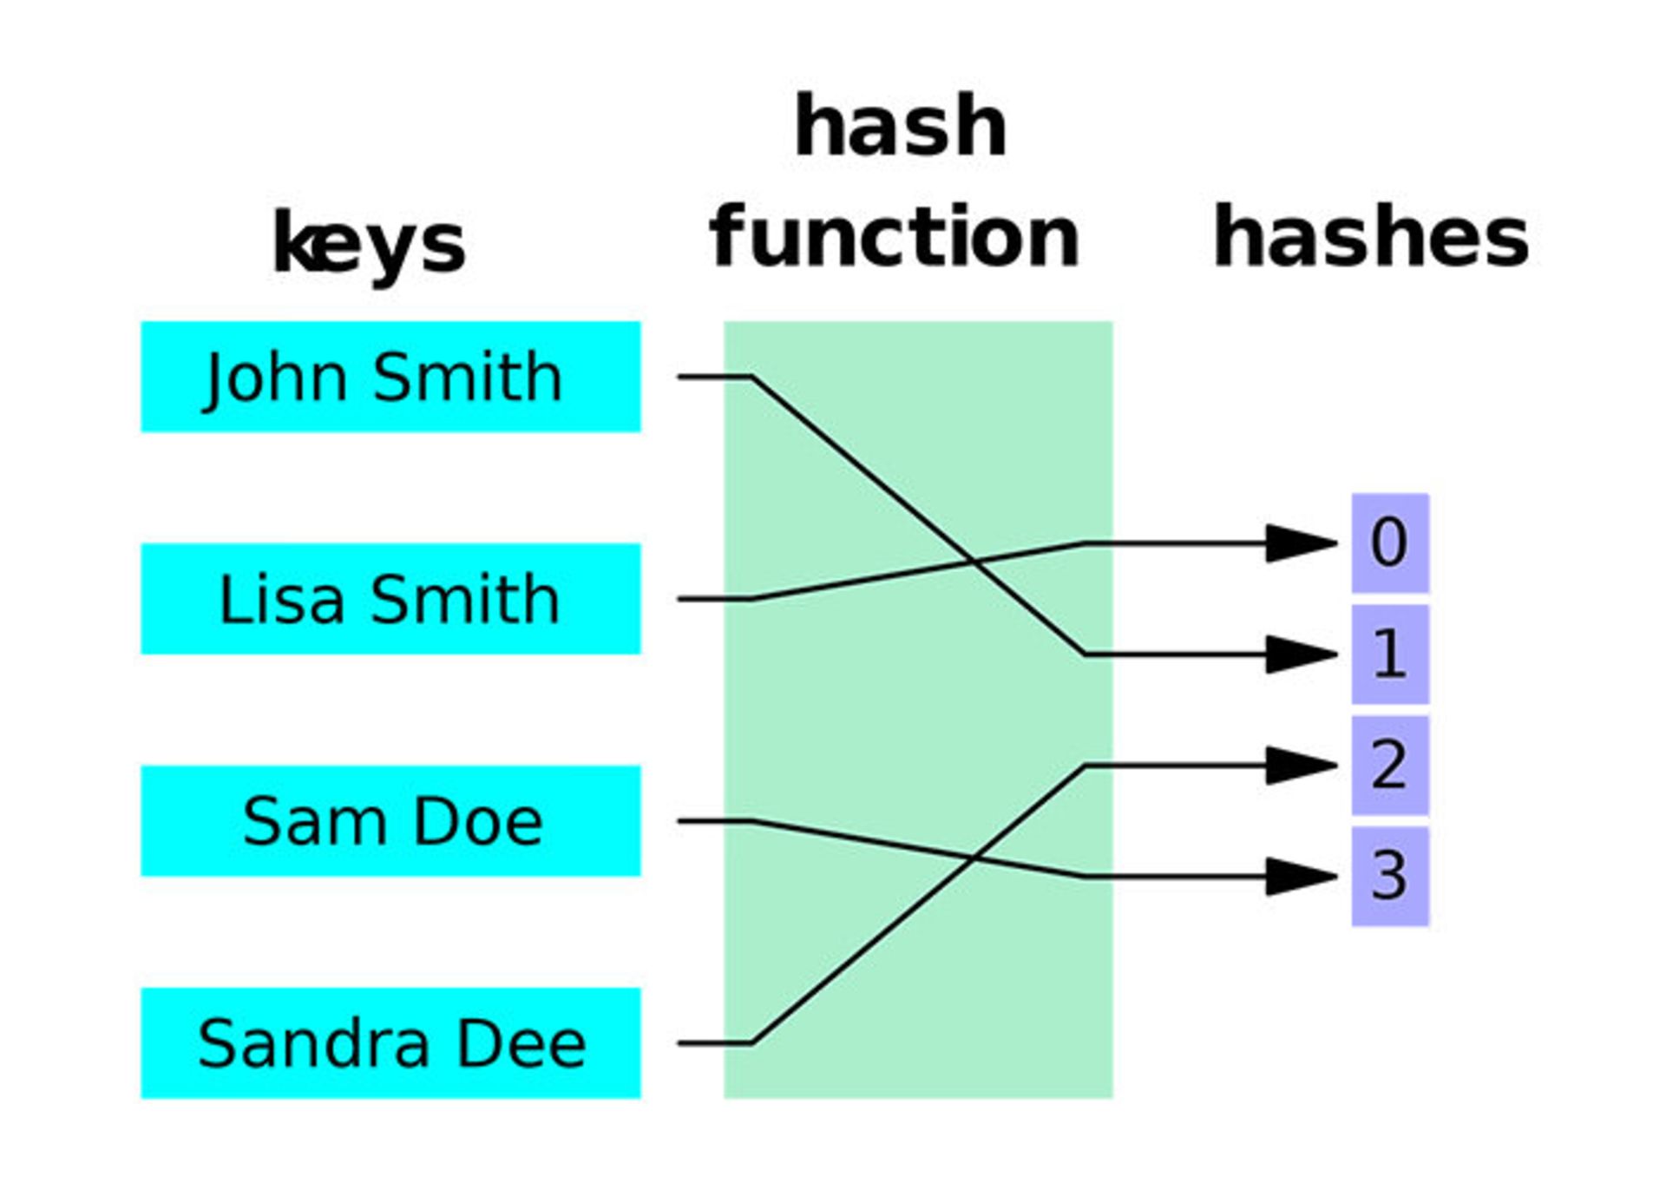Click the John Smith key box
pos(390,377)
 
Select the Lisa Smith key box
pos(390,599)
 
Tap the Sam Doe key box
pos(390,821)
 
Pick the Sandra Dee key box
pos(390,1043)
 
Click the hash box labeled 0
pos(1389,543)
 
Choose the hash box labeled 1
pos(1389,654)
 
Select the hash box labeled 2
pos(1389,766)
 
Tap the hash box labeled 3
pos(1389,877)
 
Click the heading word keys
pos(370,245)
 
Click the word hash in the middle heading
pos(901,127)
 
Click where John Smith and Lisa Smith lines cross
pos(974,562)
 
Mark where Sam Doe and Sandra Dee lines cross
pos(974,858)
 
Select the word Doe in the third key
pos(478,821)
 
